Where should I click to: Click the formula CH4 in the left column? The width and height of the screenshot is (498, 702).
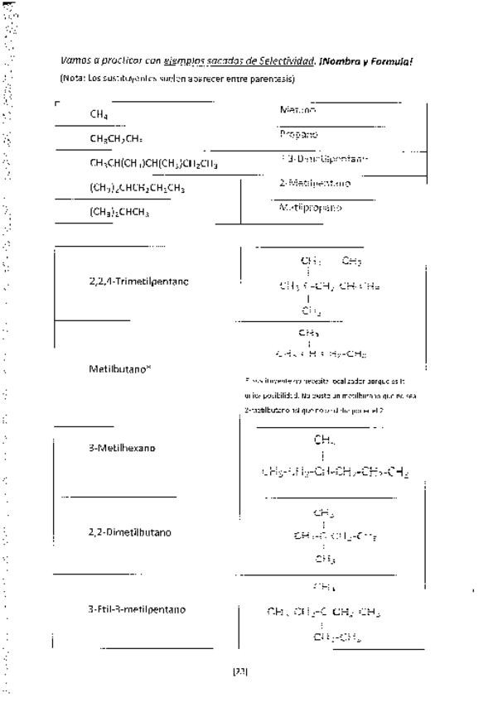(x=99, y=115)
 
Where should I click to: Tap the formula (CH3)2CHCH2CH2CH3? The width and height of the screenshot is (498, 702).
(x=138, y=188)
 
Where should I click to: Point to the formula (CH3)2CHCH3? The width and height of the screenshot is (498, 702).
(x=119, y=212)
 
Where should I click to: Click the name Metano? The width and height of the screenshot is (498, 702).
(x=297, y=109)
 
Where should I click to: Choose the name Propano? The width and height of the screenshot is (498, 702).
(x=298, y=134)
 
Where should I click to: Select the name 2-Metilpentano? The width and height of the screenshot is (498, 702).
(x=314, y=183)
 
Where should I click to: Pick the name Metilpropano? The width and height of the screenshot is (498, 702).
(x=310, y=208)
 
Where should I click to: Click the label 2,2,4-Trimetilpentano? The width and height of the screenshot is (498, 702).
(x=138, y=281)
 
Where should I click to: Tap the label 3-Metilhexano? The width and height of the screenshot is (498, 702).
(x=122, y=449)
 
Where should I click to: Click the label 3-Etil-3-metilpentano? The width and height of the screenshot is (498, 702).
(x=137, y=609)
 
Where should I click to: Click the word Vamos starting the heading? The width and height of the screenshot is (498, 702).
(x=75, y=61)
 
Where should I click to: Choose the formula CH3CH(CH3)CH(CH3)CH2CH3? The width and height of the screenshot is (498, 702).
(x=153, y=164)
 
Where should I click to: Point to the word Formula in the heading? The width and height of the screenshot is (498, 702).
(x=405, y=61)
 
